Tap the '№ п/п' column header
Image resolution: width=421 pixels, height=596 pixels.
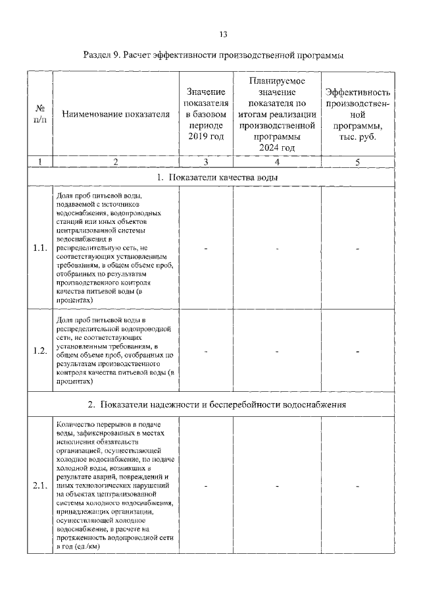39,113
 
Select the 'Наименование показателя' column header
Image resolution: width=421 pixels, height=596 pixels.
116,114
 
